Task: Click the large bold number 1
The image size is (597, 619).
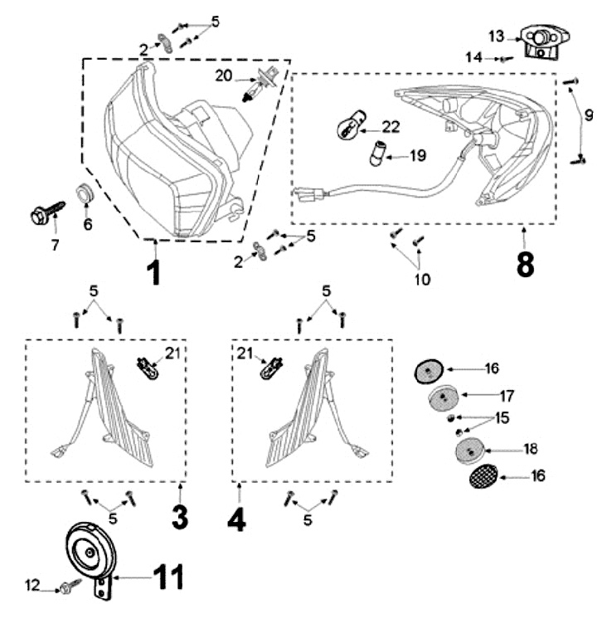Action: [x=153, y=271]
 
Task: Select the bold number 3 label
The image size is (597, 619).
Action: [x=180, y=518]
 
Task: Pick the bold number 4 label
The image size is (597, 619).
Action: [x=237, y=518]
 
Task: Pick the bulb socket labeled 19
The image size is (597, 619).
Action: [x=380, y=153]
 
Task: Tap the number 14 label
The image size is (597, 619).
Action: [x=496, y=57]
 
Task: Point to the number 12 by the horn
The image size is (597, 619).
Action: [x=32, y=586]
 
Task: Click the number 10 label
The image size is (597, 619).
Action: [x=423, y=279]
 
